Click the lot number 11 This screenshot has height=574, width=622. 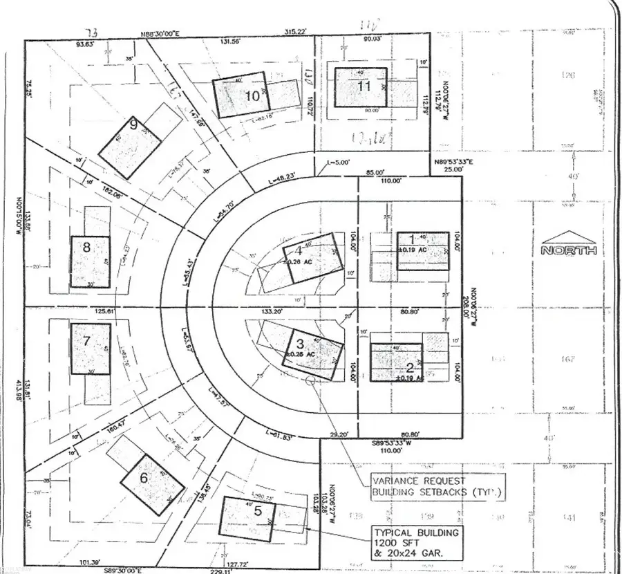pos(364,86)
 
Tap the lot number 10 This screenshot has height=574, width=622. pos(253,96)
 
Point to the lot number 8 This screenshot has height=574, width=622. pos(86,246)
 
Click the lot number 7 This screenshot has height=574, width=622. pos(86,340)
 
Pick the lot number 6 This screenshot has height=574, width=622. pos(144,477)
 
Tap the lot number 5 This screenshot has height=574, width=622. pos(258,512)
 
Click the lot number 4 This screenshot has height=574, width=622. pos(299,250)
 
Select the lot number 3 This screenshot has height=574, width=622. pos(299,343)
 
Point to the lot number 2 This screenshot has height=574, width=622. pos(409,367)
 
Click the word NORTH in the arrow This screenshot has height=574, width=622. pos(569,250)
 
